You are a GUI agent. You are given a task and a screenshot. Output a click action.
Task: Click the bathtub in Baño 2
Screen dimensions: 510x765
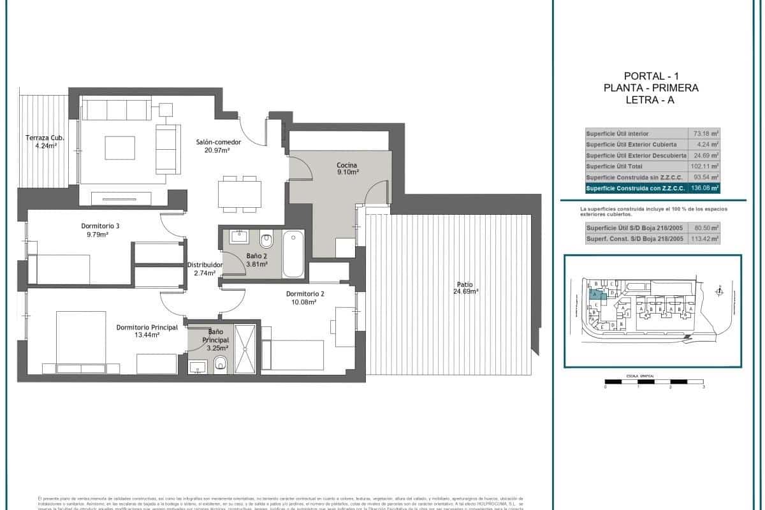293,254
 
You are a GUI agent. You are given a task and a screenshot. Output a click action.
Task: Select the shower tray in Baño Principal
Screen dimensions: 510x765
245,348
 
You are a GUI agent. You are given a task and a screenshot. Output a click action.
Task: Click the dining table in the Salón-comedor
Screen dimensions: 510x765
239,193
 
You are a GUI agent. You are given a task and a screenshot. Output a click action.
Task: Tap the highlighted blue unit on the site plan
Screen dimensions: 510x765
597,295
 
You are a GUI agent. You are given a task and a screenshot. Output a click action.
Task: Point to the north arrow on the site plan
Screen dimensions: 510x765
720,291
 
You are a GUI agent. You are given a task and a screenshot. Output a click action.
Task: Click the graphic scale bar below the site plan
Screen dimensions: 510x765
654,381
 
